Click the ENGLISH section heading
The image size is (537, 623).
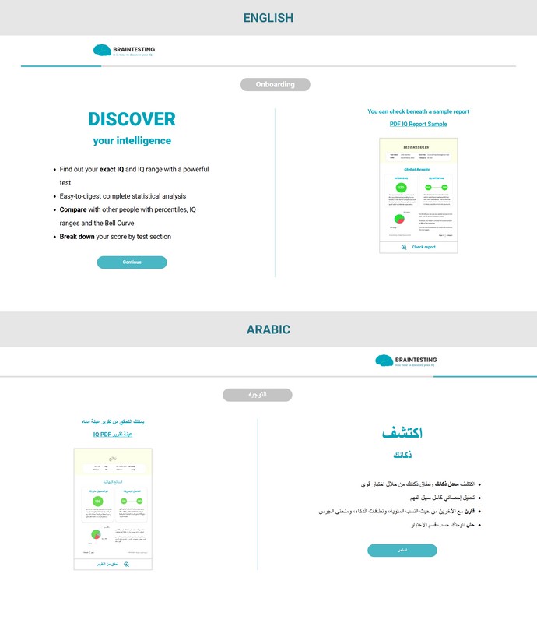(268, 18)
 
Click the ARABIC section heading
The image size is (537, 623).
(268, 329)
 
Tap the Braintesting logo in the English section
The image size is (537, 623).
(124, 51)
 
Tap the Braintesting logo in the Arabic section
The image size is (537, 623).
(405, 361)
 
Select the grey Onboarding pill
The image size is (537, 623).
(275, 85)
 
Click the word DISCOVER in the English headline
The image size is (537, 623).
(132, 119)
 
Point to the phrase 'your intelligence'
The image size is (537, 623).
(132, 141)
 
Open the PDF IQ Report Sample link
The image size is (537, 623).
(418, 125)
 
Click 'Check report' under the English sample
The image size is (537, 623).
(423, 247)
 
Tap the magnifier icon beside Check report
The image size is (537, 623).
(403, 247)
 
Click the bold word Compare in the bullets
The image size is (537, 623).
(73, 209)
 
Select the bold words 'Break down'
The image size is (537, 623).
(76, 237)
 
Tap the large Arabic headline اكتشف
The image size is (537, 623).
(402, 433)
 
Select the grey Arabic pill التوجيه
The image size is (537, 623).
(257, 395)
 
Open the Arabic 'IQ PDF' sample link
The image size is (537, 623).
(113, 435)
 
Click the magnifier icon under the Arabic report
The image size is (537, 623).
(126, 564)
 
